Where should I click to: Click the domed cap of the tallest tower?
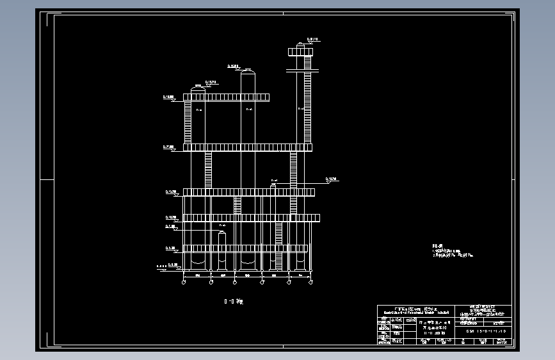303,47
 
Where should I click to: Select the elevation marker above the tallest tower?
312,40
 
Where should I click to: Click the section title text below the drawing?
234,300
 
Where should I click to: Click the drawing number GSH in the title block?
487,331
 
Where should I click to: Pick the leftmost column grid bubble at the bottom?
184,282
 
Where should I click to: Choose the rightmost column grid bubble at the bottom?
310,282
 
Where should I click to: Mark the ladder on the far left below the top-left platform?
188,122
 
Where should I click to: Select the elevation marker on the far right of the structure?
331,180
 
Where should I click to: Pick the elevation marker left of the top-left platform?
170,98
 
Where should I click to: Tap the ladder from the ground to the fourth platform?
278,246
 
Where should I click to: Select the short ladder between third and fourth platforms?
237,204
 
